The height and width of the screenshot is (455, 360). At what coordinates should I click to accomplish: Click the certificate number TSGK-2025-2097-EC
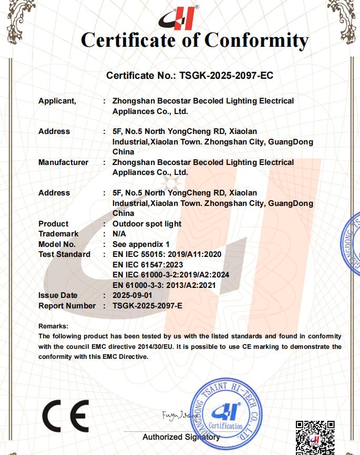226,76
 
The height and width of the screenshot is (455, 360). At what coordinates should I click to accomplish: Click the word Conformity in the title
256,40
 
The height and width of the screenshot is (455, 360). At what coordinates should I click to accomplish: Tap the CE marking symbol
65,416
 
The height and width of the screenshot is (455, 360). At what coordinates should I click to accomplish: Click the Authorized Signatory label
181,437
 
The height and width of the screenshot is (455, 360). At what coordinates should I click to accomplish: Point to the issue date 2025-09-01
132,295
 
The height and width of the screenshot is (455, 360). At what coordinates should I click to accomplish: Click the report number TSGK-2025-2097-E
147,306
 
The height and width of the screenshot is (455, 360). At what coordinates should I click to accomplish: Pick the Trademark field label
58,234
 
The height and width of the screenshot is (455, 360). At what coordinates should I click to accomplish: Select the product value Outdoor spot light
147,224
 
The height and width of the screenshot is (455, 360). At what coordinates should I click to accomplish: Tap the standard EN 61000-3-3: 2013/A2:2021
164,285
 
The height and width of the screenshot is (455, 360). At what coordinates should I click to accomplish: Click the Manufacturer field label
63,162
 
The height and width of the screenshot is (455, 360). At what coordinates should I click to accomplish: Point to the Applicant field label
57,101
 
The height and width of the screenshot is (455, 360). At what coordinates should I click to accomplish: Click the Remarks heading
53,326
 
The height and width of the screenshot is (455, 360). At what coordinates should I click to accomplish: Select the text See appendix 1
141,244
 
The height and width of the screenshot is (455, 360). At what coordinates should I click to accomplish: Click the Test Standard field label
64,254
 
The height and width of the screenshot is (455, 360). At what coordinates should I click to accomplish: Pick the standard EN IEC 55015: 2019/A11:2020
167,254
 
